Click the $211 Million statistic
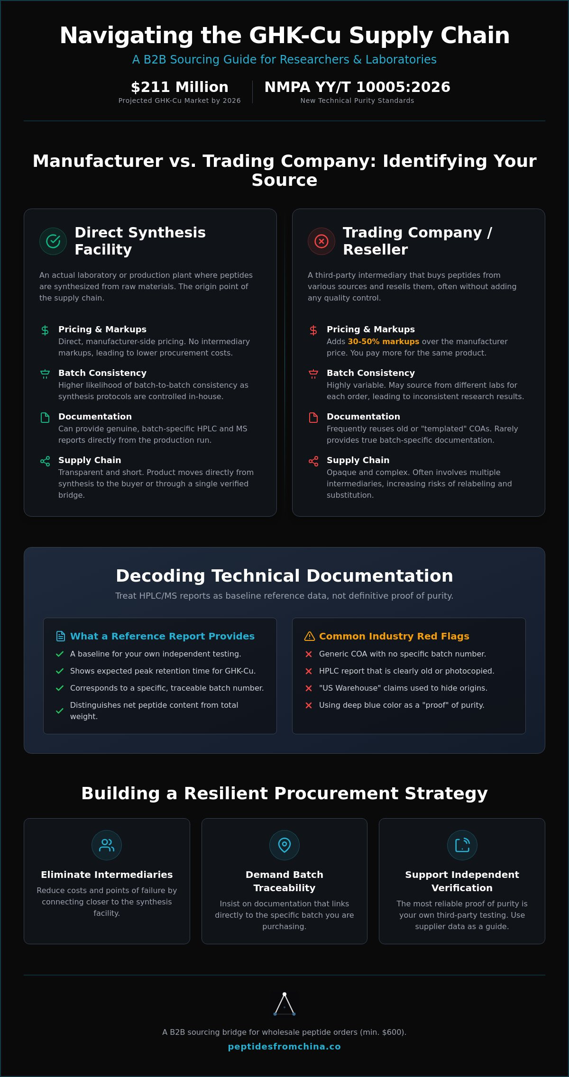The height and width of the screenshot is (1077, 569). click(180, 87)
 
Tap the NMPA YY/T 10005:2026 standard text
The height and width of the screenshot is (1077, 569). click(357, 87)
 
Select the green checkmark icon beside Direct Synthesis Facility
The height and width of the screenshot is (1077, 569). click(53, 241)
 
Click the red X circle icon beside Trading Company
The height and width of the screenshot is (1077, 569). click(321, 241)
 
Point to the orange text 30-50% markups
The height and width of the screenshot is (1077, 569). click(384, 341)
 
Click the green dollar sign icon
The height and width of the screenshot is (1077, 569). click(45, 330)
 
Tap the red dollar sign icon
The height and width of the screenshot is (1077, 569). click(313, 330)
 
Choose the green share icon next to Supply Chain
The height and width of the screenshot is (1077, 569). click(45, 461)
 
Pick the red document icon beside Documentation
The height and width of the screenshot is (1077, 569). click(313, 418)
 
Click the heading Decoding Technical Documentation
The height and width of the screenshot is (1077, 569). click(284, 576)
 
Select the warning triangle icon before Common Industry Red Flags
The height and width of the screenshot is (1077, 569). click(310, 636)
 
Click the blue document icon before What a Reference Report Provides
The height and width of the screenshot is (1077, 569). click(61, 636)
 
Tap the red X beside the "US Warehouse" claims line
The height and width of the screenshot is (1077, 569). click(309, 688)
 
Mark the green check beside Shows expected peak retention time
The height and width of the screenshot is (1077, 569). click(60, 671)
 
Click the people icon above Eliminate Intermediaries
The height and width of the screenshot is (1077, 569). click(107, 845)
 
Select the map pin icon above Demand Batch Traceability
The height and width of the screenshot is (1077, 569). click(284, 845)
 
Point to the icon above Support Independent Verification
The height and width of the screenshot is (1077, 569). click(462, 845)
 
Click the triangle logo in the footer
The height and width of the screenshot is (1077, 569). click(284, 1004)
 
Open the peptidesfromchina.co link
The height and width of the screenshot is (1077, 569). click(284, 1047)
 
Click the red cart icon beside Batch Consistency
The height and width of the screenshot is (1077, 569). click(313, 374)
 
